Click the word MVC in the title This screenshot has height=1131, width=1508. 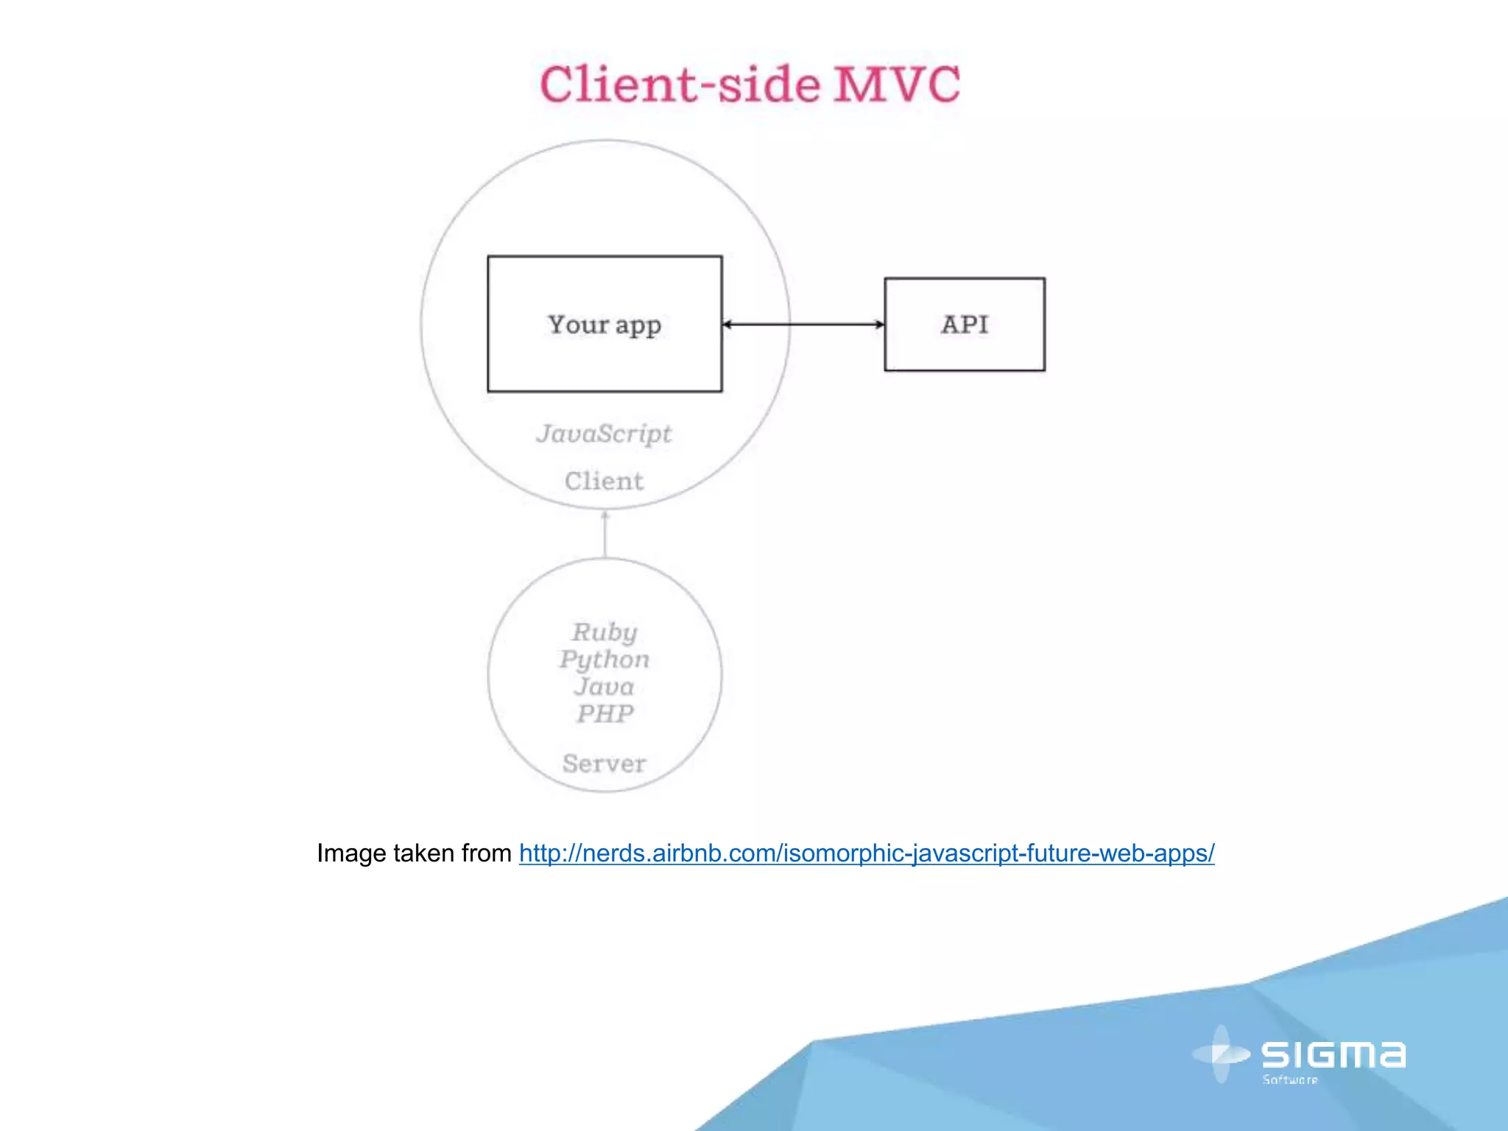tap(897, 84)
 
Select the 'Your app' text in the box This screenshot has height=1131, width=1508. tap(605, 325)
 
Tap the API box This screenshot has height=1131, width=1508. tap(965, 324)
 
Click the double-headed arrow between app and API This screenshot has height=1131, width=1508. tap(803, 324)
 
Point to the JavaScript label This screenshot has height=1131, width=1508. tap(604, 434)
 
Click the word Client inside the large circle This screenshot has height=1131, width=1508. tap(604, 481)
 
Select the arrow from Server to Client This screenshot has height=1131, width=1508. tap(605, 534)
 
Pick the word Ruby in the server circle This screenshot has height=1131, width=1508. tap(605, 632)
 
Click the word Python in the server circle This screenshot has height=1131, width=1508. tap(605, 659)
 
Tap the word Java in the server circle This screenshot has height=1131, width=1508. tap(605, 686)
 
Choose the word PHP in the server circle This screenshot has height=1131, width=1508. tap(605, 714)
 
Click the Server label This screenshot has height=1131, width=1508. tap(605, 764)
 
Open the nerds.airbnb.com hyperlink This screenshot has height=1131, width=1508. tap(867, 853)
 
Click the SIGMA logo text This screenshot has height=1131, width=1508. tap(1333, 1054)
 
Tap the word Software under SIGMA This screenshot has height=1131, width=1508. tap(1290, 1079)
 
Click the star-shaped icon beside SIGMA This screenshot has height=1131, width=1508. tap(1222, 1054)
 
